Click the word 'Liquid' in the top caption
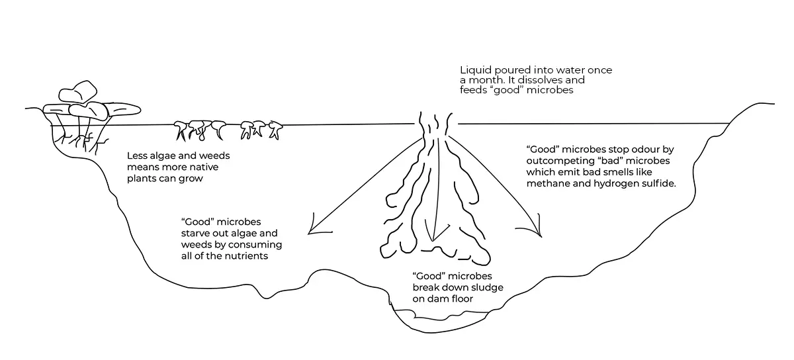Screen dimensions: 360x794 pos(475,69)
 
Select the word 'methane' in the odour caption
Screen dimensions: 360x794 pos(549,183)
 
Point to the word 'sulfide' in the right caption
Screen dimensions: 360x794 pos(658,183)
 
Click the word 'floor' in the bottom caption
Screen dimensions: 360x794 pos(463,299)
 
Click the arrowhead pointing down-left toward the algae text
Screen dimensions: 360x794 pos(312,230)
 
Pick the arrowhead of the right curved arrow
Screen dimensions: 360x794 pos(537,232)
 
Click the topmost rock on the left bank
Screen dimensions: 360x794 pos(78,93)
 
